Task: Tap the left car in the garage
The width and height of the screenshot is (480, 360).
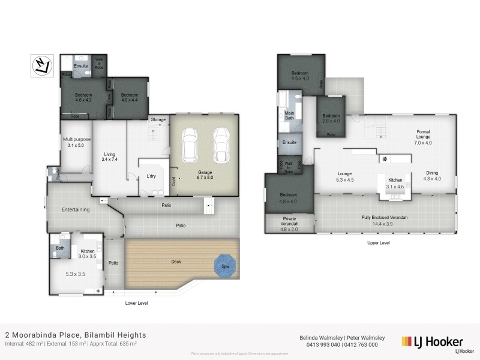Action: click(x=191, y=145)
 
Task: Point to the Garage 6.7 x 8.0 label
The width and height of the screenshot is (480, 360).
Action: click(x=205, y=175)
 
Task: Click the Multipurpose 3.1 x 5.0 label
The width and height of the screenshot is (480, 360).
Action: click(x=77, y=142)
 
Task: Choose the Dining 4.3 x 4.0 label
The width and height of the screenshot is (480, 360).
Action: click(x=432, y=175)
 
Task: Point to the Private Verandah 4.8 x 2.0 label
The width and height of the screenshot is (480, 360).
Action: click(x=289, y=222)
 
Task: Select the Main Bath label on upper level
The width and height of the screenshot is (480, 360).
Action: click(x=289, y=115)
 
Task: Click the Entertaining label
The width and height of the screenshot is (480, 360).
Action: click(x=76, y=209)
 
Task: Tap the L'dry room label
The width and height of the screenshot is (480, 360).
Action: click(x=151, y=176)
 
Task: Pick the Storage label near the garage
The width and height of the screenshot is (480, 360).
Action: click(x=158, y=120)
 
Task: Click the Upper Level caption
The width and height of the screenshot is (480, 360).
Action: click(x=378, y=244)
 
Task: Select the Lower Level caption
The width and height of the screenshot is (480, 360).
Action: click(x=136, y=303)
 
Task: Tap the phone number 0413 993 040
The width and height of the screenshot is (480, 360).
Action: click(x=319, y=345)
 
